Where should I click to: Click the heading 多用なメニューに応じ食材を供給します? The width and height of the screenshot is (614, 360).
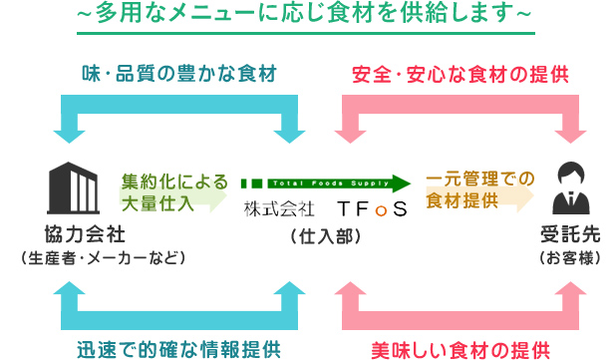pos(306,14)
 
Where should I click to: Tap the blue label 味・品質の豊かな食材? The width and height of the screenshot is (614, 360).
pos(177,74)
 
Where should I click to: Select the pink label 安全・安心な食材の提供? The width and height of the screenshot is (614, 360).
pos(460,74)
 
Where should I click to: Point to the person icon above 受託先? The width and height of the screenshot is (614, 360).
pos(569,186)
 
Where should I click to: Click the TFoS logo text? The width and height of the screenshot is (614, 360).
pos(372,209)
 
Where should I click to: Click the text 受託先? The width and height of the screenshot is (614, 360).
pos(568,234)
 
